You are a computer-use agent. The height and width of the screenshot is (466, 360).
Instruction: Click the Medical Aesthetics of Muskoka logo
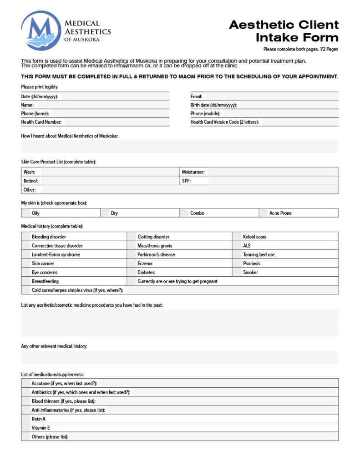[66, 31]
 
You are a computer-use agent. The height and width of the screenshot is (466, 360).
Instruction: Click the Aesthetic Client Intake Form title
[284, 31]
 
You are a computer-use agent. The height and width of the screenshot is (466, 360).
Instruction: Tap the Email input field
[271, 96]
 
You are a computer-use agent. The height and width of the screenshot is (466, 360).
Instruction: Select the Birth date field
[288, 105]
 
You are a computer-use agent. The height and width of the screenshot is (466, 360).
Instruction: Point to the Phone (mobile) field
[280, 113]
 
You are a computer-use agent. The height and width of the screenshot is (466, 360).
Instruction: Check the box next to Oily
[26, 213]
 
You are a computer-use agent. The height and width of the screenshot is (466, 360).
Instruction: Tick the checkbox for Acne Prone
[264, 213]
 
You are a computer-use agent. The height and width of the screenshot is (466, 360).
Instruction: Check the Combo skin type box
[185, 213]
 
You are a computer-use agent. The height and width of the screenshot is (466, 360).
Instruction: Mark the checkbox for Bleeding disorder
[26, 237]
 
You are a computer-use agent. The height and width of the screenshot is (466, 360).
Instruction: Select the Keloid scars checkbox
[238, 237]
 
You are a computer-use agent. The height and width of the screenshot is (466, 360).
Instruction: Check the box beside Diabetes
[132, 272]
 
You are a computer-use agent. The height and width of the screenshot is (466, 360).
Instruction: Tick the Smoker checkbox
[238, 272]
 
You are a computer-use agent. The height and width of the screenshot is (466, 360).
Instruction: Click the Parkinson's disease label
[156, 254]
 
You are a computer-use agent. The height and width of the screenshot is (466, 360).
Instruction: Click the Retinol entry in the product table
[109, 181]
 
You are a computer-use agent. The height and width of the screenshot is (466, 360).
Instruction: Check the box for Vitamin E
[26, 428]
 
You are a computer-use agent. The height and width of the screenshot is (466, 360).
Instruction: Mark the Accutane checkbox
[26, 383]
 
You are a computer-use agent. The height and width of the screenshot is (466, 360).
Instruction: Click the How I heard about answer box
[179, 147]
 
